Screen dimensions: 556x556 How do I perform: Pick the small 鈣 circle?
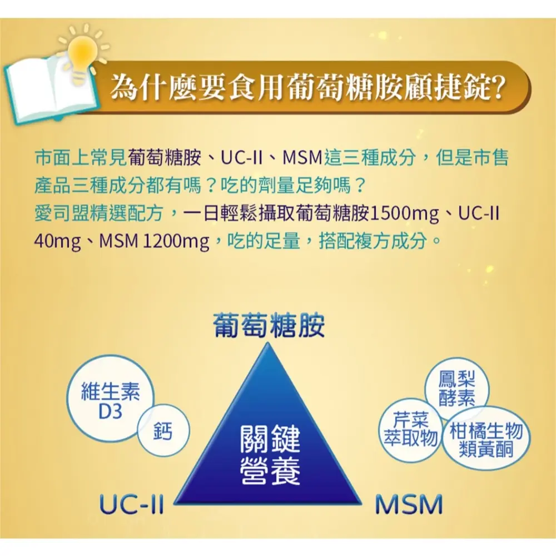163,430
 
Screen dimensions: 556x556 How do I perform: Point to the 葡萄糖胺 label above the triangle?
269,325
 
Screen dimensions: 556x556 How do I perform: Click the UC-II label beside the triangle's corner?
132,505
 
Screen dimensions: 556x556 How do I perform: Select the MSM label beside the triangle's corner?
409,505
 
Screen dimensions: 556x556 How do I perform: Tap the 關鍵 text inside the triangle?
270,439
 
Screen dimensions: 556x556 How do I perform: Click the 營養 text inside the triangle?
270,471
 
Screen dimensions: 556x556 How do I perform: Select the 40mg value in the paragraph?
57,242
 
